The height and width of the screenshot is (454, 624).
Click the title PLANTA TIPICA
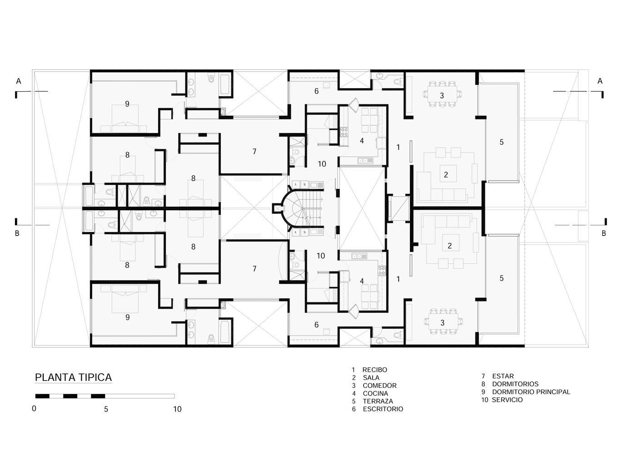(x=73, y=378)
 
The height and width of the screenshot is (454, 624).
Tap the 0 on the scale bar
(x=34, y=409)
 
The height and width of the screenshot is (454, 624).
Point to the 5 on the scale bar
(x=106, y=409)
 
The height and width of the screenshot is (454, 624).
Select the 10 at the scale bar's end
(x=177, y=409)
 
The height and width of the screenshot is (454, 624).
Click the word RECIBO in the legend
(x=374, y=370)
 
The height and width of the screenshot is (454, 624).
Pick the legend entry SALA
(x=371, y=378)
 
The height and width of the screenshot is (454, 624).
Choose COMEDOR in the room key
(x=379, y=385)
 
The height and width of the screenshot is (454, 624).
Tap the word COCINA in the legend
(x=375, y=394)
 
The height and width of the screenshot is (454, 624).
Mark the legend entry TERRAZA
(x=378, y=401)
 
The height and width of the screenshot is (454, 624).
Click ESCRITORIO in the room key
(x=383, y=409)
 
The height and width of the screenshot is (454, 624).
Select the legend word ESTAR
(x=503, y=376)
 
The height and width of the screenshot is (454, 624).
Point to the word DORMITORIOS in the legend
(x=515, y=384)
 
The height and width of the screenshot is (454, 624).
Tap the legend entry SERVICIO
(x=507, y=400)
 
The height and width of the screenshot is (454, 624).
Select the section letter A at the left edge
(x=19, y=81)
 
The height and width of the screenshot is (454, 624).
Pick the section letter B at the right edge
(x=604, y=233)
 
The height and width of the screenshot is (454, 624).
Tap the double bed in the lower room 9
(x=125, y=301)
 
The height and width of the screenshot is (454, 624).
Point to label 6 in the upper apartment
(x=316, y=91)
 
